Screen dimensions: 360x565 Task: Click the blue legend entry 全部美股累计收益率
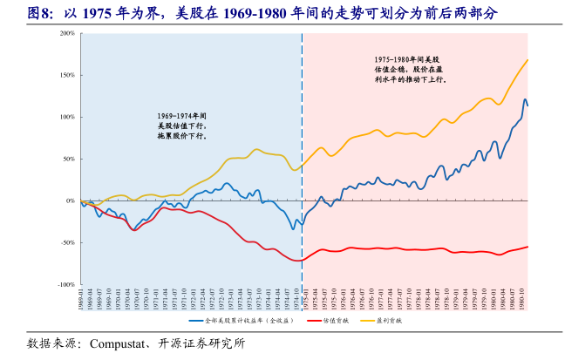tap(253, 321)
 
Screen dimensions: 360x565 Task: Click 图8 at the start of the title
tap(39, 14)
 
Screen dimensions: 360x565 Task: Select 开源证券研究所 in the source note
tap(208, 343)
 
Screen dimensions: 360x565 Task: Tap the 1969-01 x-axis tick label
tap(81, 300)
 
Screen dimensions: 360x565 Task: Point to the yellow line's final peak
tap(528, 59)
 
